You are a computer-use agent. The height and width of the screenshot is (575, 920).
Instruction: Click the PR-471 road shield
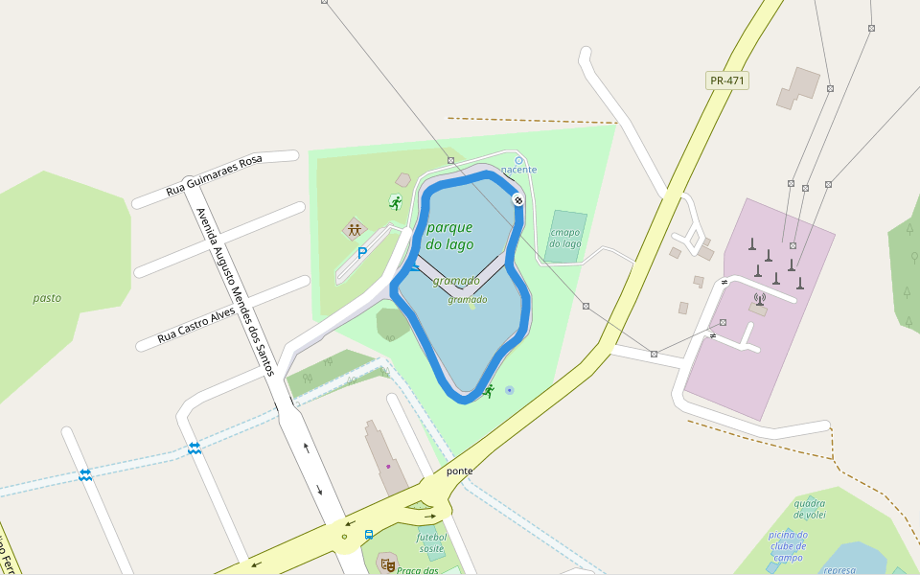[726, 80]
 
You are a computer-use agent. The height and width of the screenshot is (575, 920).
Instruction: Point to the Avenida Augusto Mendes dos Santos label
[235, 291]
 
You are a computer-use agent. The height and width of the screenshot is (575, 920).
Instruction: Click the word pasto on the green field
[47, 298]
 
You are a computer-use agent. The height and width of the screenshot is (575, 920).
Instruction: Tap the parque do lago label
[449, 236]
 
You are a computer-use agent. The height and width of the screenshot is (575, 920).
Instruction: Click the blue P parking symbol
[362, 253]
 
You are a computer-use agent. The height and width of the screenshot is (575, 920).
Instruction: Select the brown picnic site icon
[355, 229]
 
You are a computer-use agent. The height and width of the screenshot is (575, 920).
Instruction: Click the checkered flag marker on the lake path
[517, 199]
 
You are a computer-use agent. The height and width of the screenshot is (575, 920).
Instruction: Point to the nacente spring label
[519, 170]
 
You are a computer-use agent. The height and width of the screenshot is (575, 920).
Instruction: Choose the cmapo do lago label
[565, 237]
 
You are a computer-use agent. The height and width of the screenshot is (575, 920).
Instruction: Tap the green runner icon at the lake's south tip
[489, 391]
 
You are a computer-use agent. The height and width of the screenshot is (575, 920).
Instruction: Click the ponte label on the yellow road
[460, 471]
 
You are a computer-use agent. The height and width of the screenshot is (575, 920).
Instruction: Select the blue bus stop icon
[369, 535]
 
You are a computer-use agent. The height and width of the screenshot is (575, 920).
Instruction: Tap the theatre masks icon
[387, 563]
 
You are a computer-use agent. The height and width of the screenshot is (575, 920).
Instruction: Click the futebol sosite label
[431, 542]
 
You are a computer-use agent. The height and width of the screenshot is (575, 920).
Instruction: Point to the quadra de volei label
[810, 508]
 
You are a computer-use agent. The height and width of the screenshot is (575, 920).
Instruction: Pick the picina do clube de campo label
[788, 546]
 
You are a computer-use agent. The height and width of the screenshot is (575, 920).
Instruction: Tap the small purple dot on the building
[388, 467]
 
